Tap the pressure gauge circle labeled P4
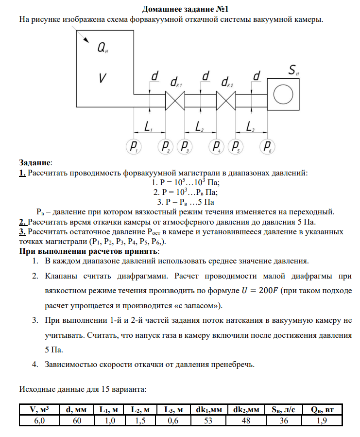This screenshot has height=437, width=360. coord(217,146)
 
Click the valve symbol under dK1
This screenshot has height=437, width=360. coord(174,102)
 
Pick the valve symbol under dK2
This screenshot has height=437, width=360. coord(225,102)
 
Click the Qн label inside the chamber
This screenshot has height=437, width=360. coord(103,48)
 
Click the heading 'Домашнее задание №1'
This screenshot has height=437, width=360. coord(180,9)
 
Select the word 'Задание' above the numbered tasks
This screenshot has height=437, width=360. coord(34,162)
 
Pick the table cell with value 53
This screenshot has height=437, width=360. coord(208,421)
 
